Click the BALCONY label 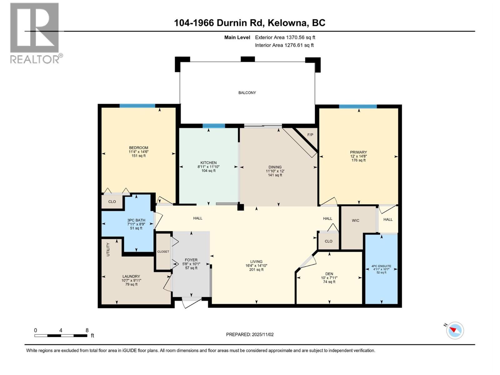(247, 93)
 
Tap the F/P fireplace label (310, 135)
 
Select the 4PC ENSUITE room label (381, 266)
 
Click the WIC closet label (355, 221)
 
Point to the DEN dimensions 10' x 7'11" (329, 278)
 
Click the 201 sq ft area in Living (256, 270)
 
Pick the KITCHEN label (208, 163)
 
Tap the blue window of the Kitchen (214, 126)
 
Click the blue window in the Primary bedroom (358, 107)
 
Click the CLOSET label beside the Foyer (163, 252)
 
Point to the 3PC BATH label (136, 220)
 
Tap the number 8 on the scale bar (87, 330)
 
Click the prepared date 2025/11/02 (262, 334)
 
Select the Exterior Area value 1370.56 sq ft (300, 37)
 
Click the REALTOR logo (35, 33)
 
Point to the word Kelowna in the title (288, 23)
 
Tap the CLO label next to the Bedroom (112, 202)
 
